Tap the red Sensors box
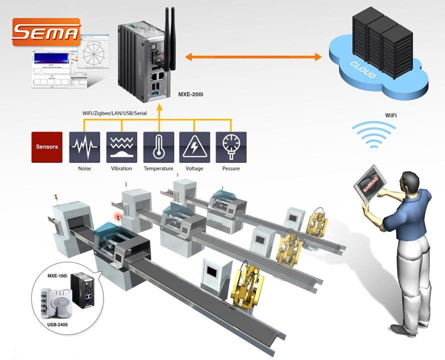point(47,147)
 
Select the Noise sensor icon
point(84,147)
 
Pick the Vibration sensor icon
point(121,147)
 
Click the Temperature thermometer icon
point(158,147)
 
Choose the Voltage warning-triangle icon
point(194,147)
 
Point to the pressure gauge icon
point(230,147)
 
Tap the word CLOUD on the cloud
point(362,69)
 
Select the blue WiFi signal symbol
point(373,134)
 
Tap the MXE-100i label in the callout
point(57,275)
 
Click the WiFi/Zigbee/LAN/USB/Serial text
point(118,113)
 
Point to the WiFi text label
point(391,115)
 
